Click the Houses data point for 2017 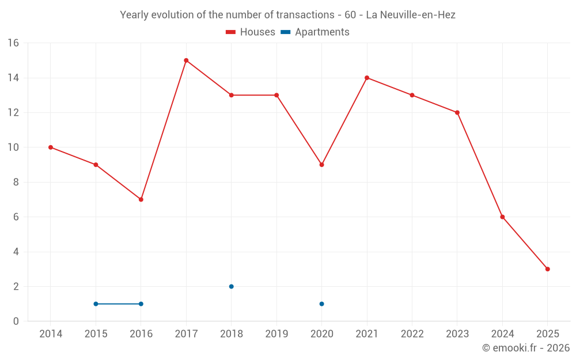click(x=186, y=60)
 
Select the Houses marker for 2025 click(x=547, y=269)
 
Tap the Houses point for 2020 click(x=321, y=165)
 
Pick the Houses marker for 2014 click(x=51, y=147)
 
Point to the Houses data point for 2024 click(x=502, y=217)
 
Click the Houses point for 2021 click(x=367, y=78)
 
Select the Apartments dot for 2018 click(x=231, y=286)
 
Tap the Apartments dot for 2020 click(x=321, y=304)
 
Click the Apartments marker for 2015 click(x=96, y=304)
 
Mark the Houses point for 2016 click(x=141, y=199)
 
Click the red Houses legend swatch click(x=231, y=32)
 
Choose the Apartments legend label click(x=322, y=32)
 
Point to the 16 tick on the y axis click(x=13, y=43)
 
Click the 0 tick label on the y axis click(x=16, y=321)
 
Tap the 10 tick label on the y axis click(x=13, y=147)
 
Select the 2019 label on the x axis click(x=276, y=334)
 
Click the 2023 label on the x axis click(x=457, y=334)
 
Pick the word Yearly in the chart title click(x=134, y=15)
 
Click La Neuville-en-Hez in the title click(x=411, y=15)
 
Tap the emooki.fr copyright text click(x=526, y=348)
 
